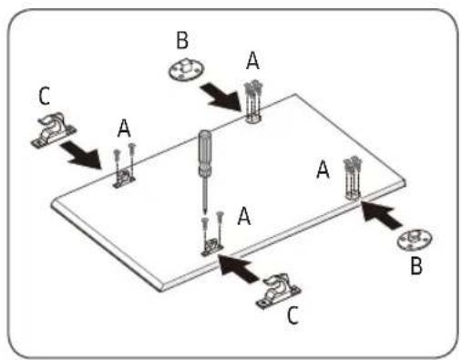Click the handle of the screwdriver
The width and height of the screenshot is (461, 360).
click(205, 153)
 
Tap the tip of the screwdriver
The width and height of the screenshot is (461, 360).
click(205, 214)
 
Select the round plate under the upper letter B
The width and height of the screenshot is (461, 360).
click(186, 70)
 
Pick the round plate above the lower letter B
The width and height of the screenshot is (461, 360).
click(415, 240)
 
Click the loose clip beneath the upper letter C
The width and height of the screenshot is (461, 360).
click(54, 130)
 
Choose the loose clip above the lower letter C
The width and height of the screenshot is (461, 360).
click(278, 292)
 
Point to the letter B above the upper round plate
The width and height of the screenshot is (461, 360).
click(182, 40)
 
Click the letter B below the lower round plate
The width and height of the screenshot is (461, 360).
click(416, 266)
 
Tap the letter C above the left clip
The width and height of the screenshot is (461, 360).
click(45, 97)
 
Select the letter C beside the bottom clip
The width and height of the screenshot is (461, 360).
click(293, 315)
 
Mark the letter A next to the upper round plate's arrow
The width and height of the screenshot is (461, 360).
click(252, 61)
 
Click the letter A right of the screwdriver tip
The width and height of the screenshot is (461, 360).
click(244, 216)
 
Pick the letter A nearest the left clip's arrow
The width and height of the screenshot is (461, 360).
click(124, 128)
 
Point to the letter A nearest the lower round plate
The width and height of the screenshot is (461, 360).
click(323, 170)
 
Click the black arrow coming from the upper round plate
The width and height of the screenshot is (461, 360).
click(221, 97)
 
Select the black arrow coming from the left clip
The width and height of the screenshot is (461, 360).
click(81, 154)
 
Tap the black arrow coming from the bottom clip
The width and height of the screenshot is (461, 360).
click(241, 268)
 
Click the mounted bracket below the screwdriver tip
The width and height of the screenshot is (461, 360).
click(212, 246)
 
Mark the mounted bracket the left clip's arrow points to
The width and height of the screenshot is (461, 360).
click(124, 179)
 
